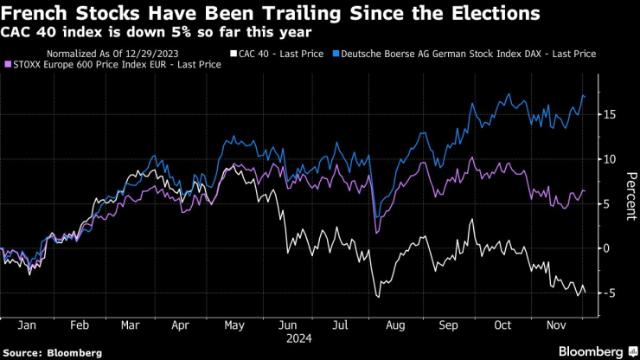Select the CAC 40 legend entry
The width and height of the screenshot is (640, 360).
(278, 54)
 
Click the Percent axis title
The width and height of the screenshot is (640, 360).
(630, 195)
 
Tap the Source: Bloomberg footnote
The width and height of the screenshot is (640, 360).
(53, 353)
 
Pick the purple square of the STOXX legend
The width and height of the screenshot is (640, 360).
(8, 64)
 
